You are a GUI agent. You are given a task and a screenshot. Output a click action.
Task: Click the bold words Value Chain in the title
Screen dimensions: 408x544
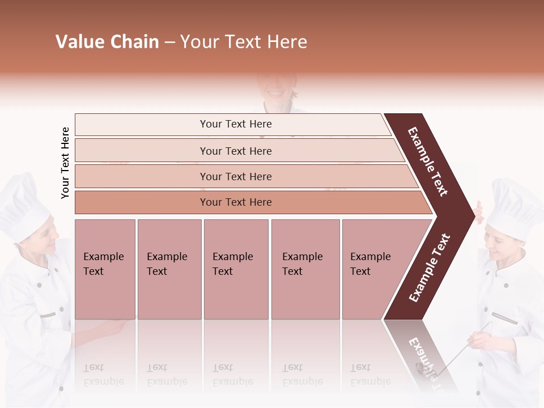click(x=107, y=42)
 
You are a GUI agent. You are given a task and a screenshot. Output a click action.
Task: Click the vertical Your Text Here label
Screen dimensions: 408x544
click(x=65, y=163)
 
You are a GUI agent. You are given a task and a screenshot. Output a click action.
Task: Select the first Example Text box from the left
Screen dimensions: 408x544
click(x=105, y=269)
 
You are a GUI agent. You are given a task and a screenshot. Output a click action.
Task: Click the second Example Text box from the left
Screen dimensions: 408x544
click(x=169, y=269)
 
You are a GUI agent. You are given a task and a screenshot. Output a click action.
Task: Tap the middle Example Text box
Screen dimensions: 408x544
click(x=236, y=269)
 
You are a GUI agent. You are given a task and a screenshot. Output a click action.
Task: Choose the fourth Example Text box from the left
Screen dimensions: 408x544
click(x=305, y=269)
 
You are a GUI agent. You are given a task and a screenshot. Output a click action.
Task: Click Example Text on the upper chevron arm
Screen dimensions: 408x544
click(x=428, y=162)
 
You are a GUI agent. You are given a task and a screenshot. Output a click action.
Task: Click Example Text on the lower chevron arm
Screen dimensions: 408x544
click(x=430, y=268)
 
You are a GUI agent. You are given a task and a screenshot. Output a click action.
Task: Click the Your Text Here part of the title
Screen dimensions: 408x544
click(x=244, y=42)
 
